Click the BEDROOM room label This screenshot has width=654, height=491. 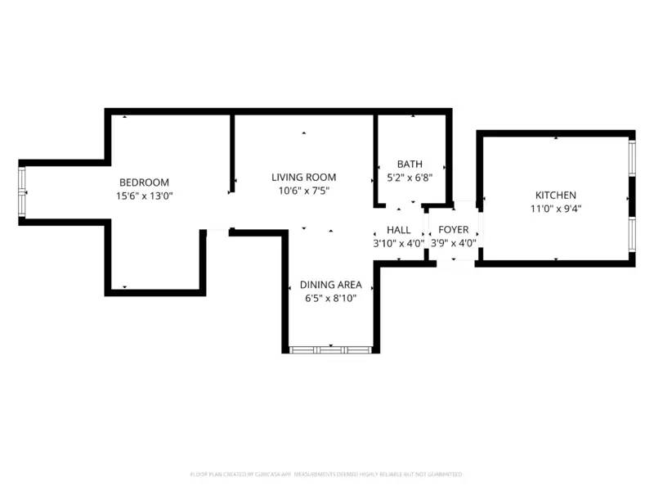(x=144, y=182)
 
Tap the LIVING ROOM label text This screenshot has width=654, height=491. (x=303, y=178)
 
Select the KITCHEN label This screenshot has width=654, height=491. (x=556, y=196)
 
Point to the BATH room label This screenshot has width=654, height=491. (x=410, y=164)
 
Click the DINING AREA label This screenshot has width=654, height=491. (x=330, y=285)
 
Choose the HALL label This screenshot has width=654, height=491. (x=399, y=230)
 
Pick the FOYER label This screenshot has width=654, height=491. (x=454, y=230)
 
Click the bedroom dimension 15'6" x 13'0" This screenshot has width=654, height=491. (x=145, y=196)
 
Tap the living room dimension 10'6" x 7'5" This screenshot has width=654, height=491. (x=303, y=191)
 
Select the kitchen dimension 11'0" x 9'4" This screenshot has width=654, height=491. (x=556, y=209)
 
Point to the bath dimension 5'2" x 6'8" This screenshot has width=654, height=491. (x=410, y=178)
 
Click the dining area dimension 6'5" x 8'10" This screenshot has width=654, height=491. (x=330, y=298)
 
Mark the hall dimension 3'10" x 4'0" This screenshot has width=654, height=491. (x=399, y=243)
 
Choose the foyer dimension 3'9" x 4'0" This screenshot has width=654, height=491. (x=454, y=243)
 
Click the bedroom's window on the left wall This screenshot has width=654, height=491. (x=23, y=191)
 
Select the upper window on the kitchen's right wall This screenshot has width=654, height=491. (x=632, y=157)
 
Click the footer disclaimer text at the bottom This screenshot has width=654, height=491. (x=326, y=474)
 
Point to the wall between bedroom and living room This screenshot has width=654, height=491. (x=233, y=153)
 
